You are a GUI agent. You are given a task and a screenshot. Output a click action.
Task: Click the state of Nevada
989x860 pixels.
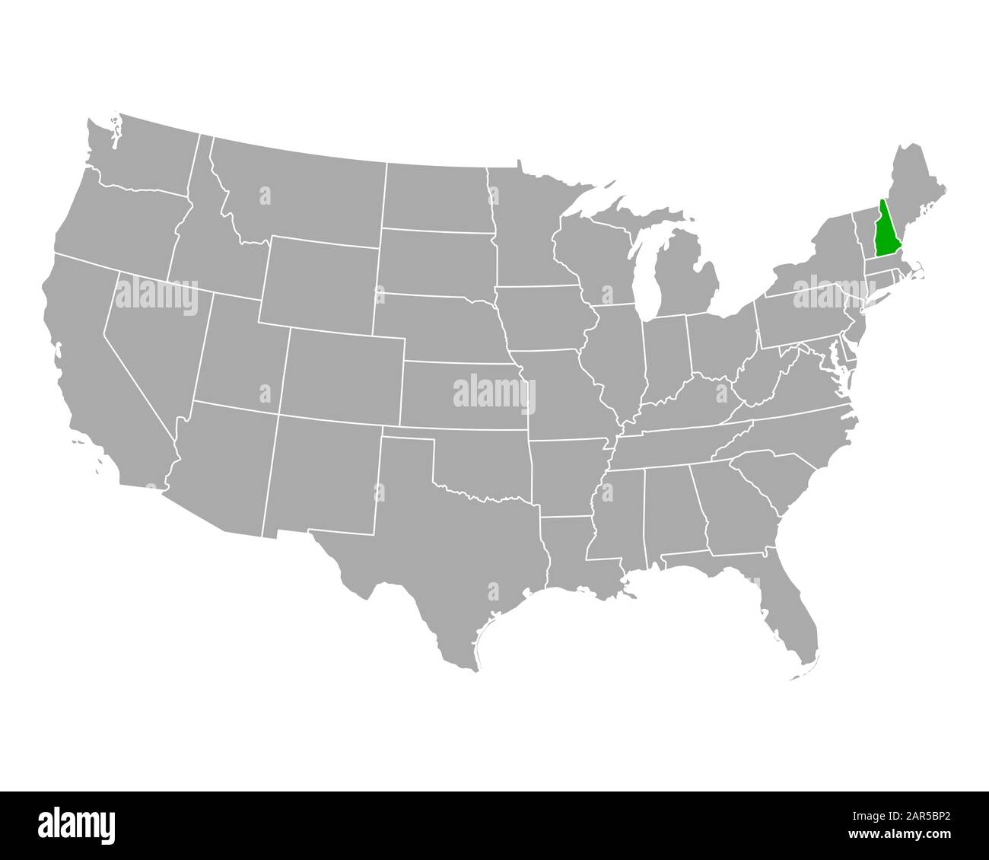pyautogui.click(x=156, y=335)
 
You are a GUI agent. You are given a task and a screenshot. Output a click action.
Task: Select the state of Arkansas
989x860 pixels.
pyautogui.click(x=567, y=476)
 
